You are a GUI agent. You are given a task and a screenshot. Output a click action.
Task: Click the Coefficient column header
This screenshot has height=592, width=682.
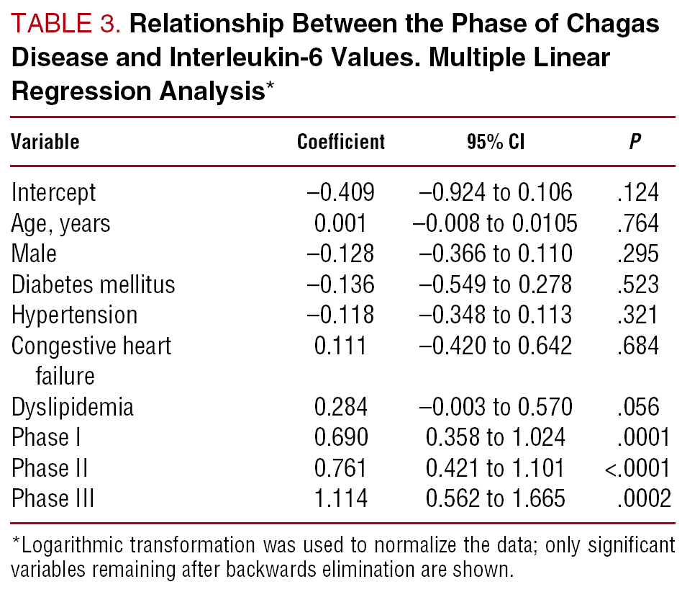[341, 142]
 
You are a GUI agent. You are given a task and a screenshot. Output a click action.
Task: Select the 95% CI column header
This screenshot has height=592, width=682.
[495, 142]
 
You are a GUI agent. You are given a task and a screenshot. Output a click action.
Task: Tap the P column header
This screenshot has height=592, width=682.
[635, 142]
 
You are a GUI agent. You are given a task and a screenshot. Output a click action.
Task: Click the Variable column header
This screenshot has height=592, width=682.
[45, 142]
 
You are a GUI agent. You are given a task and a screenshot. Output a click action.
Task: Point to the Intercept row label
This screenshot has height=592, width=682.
[53, 193]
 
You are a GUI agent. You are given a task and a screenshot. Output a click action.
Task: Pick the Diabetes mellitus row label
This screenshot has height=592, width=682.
[93, 284]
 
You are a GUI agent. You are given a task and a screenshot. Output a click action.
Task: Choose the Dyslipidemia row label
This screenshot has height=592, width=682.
[73, 407]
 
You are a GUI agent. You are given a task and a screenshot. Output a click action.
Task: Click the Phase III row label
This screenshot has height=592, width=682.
[53, 499]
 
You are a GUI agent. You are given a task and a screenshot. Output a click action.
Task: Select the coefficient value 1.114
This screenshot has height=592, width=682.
[341, 499]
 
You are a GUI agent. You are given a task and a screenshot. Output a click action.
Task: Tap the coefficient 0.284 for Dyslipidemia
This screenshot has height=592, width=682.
[341, 407]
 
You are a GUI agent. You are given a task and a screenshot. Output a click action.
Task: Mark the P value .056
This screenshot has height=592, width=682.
[637, 407]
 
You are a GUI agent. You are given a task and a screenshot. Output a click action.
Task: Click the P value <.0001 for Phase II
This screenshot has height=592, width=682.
[637, 469]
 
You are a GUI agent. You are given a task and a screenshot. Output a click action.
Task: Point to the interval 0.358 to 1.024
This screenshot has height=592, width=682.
[495, 438]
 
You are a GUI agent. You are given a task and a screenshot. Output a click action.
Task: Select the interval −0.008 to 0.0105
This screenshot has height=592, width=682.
[495, 224]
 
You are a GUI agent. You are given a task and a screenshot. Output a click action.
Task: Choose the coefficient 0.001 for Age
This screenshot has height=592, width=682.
[341, 224]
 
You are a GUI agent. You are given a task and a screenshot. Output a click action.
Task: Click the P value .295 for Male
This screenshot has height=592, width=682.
[637, 254]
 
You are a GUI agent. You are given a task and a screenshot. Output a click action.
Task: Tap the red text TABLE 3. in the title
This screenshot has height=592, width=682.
[68, 25]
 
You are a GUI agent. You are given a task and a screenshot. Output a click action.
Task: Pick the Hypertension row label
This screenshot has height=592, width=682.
[74, 315]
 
